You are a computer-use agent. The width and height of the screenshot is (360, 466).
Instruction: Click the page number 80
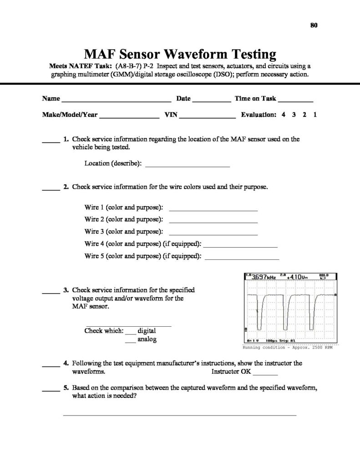[314, 25]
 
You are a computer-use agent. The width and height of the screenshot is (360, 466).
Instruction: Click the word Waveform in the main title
[191, 55]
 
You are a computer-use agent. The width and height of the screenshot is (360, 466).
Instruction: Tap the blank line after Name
[116, 99]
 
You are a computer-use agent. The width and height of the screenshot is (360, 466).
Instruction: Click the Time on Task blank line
[295, 99]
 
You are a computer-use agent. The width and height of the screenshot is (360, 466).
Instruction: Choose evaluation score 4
[284, 115]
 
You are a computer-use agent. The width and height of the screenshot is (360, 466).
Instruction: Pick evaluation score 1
[315, 115]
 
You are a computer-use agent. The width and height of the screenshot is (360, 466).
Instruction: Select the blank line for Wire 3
[213, 233]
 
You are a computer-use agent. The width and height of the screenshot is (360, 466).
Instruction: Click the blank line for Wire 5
[242, 258]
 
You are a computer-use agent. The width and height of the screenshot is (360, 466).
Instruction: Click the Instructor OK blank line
[265, 374]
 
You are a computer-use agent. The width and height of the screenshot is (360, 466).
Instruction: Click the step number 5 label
[66, 388]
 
